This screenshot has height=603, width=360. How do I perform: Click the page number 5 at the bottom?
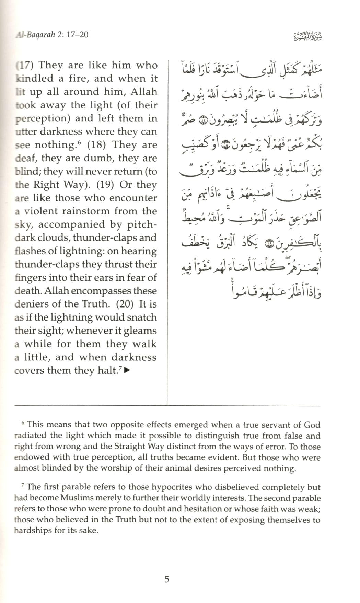pos(167,579)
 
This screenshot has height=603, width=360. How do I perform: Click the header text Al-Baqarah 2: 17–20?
pos(51,35)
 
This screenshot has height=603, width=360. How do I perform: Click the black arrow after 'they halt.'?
pos(127,370)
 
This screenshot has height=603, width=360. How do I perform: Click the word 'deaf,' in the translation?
pos(25,158)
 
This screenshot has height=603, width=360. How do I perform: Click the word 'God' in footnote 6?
pos(312,425)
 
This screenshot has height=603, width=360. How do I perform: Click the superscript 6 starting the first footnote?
pos(23,423)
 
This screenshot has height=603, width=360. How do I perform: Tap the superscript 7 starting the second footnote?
pos(23,485)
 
